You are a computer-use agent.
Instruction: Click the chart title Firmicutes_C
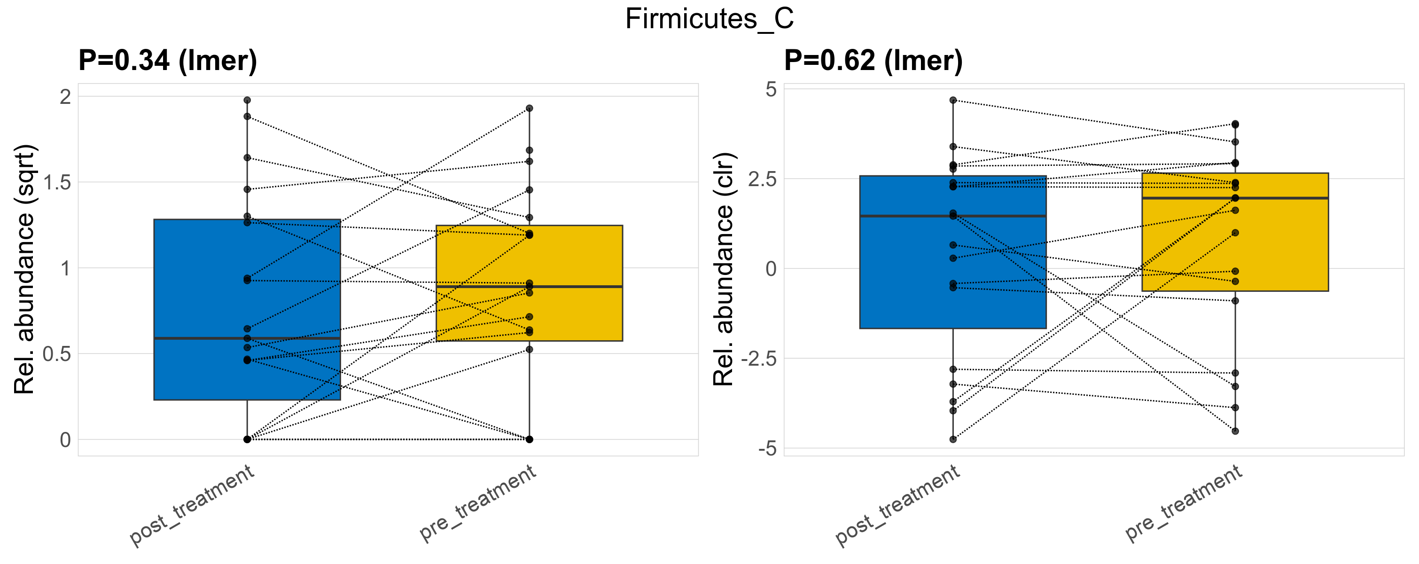pyautogui.click(x=709, y=19)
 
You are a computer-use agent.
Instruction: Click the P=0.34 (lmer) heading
pyautogui.click(x=167, y=61)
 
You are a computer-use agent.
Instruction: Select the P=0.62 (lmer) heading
pyautogui.click(x=873, y=61)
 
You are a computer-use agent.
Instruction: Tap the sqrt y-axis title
pyautogui.click(x=25, y=269)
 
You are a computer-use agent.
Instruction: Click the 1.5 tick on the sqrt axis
pyautogui.click(x=57, y=183)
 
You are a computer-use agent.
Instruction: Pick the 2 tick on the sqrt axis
pyautogui.click(x=66, y=97)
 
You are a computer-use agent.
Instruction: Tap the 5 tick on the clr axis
pyautogui.click(x=771, y=89)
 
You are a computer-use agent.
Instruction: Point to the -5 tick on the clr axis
pyautogui.click(x=767, y=449)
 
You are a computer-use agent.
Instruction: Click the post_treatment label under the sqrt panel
pyautogui.click(x=192, y=505)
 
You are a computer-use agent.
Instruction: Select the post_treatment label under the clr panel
pyautogui.click(x=898, y=505)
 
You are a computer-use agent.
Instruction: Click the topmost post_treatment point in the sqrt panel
pyautogui.click(x=247, y=100)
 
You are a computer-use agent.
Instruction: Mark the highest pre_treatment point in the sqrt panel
pyautogui.click(x=530, y=109)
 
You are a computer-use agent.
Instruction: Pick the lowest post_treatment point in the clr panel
pyautogui.click(x=953, y=439)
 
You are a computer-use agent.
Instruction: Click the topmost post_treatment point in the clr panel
pyautogui.click(x=953, y=100)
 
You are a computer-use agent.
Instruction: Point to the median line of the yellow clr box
pyautogui.click(x=1235, y=198)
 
